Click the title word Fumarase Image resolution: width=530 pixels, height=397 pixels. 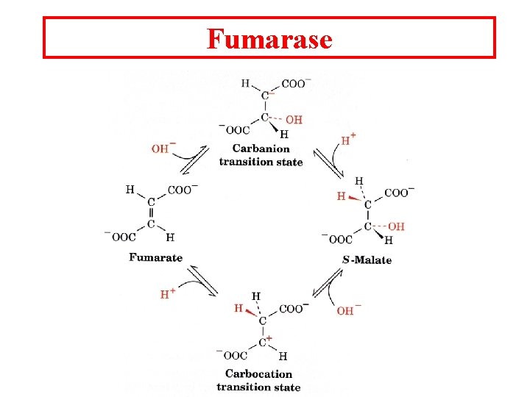(x=269, y=38)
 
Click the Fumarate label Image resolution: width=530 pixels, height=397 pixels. (x=155, y=257)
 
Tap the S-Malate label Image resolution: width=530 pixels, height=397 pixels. (x=367, y=260)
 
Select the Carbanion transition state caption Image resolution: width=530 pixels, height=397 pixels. (x=261, y=156)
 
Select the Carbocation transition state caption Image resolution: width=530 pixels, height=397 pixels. (x=258, y=381)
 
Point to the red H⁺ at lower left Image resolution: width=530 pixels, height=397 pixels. (x=168, y=294)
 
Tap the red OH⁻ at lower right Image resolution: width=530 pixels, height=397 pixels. (x=345, y=311)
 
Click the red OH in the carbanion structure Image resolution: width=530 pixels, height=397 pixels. (x=293, y=120)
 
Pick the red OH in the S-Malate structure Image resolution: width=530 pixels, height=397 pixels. (x=396, y=226)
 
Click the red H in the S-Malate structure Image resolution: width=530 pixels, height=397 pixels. (x=341, y=196)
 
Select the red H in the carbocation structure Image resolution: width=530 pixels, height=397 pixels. (x=239, y=309)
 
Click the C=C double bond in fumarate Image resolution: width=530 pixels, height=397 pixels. (x=151, y=213)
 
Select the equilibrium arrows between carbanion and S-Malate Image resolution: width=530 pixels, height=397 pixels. (x=328, y=164)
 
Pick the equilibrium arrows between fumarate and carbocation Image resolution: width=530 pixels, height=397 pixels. (x=201, y=280)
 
